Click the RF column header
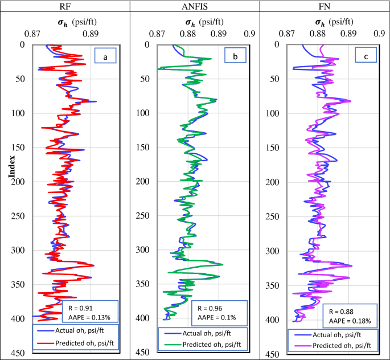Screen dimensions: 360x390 tap(65, 6)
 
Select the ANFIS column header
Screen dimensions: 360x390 tap(195, 6)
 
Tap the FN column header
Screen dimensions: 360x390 tap(325, 6)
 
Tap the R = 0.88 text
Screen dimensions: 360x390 tap(343, 312)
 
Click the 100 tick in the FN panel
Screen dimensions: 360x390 tap(272, 113)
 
